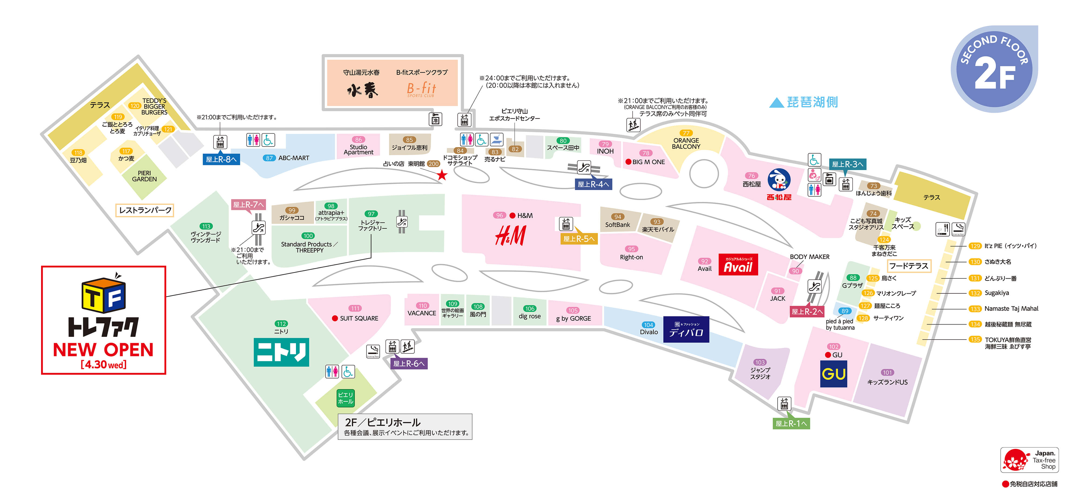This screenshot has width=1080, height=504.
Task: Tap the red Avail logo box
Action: pos(738,265)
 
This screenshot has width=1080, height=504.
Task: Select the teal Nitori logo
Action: pos(281,352)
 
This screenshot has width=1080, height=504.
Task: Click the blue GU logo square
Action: pos(833,374)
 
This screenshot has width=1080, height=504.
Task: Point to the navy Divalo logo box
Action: pos(686,330)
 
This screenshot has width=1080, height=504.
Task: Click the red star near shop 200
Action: pos(442,175)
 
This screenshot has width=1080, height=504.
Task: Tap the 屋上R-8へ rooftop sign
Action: pos(221,159)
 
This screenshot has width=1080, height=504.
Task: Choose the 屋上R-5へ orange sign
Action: pos(579,239)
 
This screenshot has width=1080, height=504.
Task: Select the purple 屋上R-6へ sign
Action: pos(409,364)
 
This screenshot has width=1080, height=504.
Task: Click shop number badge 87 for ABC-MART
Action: pos(269,158)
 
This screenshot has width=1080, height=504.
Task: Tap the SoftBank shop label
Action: pos(617,225)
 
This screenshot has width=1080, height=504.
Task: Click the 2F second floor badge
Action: pos(994,69)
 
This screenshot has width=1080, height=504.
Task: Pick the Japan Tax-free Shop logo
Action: pos(1029,460)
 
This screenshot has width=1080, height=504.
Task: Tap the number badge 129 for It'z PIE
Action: pos(975,246)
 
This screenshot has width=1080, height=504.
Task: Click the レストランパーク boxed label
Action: pos(145,210)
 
